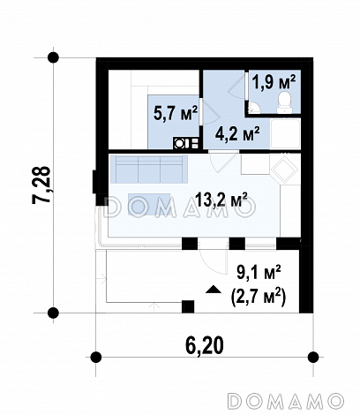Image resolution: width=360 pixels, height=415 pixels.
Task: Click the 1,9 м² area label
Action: click(274, 82)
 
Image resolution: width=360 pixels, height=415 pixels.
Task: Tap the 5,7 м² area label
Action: click(176, 113)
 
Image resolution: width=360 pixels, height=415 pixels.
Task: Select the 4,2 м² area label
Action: click(237, 134)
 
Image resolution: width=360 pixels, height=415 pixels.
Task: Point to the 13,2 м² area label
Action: click(221, 200)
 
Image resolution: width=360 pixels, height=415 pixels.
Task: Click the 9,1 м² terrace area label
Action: click(259, 273)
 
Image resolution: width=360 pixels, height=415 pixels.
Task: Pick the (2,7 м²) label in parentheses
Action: click(259, 298)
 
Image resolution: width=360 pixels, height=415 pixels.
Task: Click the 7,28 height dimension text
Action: click(41, 185)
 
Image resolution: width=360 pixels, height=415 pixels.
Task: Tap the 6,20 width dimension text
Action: click(205, 345)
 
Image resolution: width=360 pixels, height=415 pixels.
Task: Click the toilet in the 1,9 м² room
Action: click(285, 102)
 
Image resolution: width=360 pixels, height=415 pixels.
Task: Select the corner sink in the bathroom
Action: click(253, 108)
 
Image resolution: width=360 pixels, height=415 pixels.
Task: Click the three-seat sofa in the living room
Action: click(148, 170)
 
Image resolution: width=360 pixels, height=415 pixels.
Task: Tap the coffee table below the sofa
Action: click(149, 204)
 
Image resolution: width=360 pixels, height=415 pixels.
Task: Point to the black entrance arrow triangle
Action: click(214, 290)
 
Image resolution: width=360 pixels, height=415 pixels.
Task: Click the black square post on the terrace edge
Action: click(188, 306)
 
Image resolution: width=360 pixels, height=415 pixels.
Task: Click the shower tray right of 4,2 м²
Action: click(285, 133)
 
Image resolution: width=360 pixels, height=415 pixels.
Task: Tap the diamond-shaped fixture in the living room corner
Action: click(284, 170)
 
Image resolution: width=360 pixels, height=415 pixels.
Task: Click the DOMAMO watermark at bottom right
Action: click(286, 401)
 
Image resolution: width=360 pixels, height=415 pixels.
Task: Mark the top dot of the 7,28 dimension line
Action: click(53, 57)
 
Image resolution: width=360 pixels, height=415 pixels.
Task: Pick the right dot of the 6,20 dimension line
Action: click(313, 358)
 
